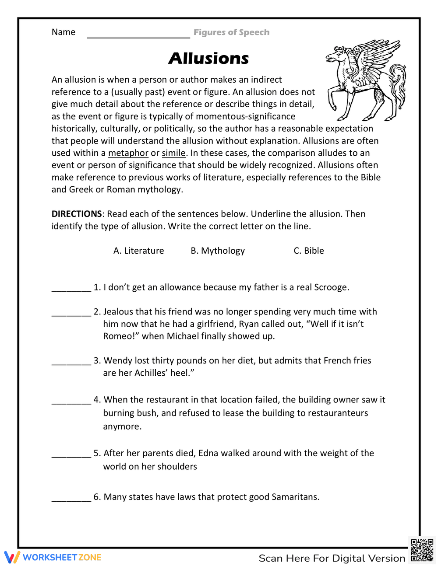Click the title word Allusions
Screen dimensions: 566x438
pos(208,59)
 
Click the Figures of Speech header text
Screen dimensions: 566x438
pos(231,32)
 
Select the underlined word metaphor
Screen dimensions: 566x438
pos(128,153)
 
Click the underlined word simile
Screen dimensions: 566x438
pos(173,153)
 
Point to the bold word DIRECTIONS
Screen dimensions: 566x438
pos(77,214)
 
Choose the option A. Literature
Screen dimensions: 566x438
pos(138,251)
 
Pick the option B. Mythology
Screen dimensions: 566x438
pos(218,251)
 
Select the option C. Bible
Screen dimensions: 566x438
pos(308,251)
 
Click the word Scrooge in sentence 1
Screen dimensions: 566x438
pos(331,287)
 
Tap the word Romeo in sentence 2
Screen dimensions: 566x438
pos(118,336)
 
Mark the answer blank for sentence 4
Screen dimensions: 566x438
pos(71,402)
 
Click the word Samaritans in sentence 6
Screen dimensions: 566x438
pos(295,497)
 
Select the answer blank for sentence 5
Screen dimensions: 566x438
pos(71,455)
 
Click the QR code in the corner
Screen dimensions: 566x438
pos(422,550)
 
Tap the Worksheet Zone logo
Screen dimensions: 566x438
pos(53,557)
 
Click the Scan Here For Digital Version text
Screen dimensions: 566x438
pos(332,559)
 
